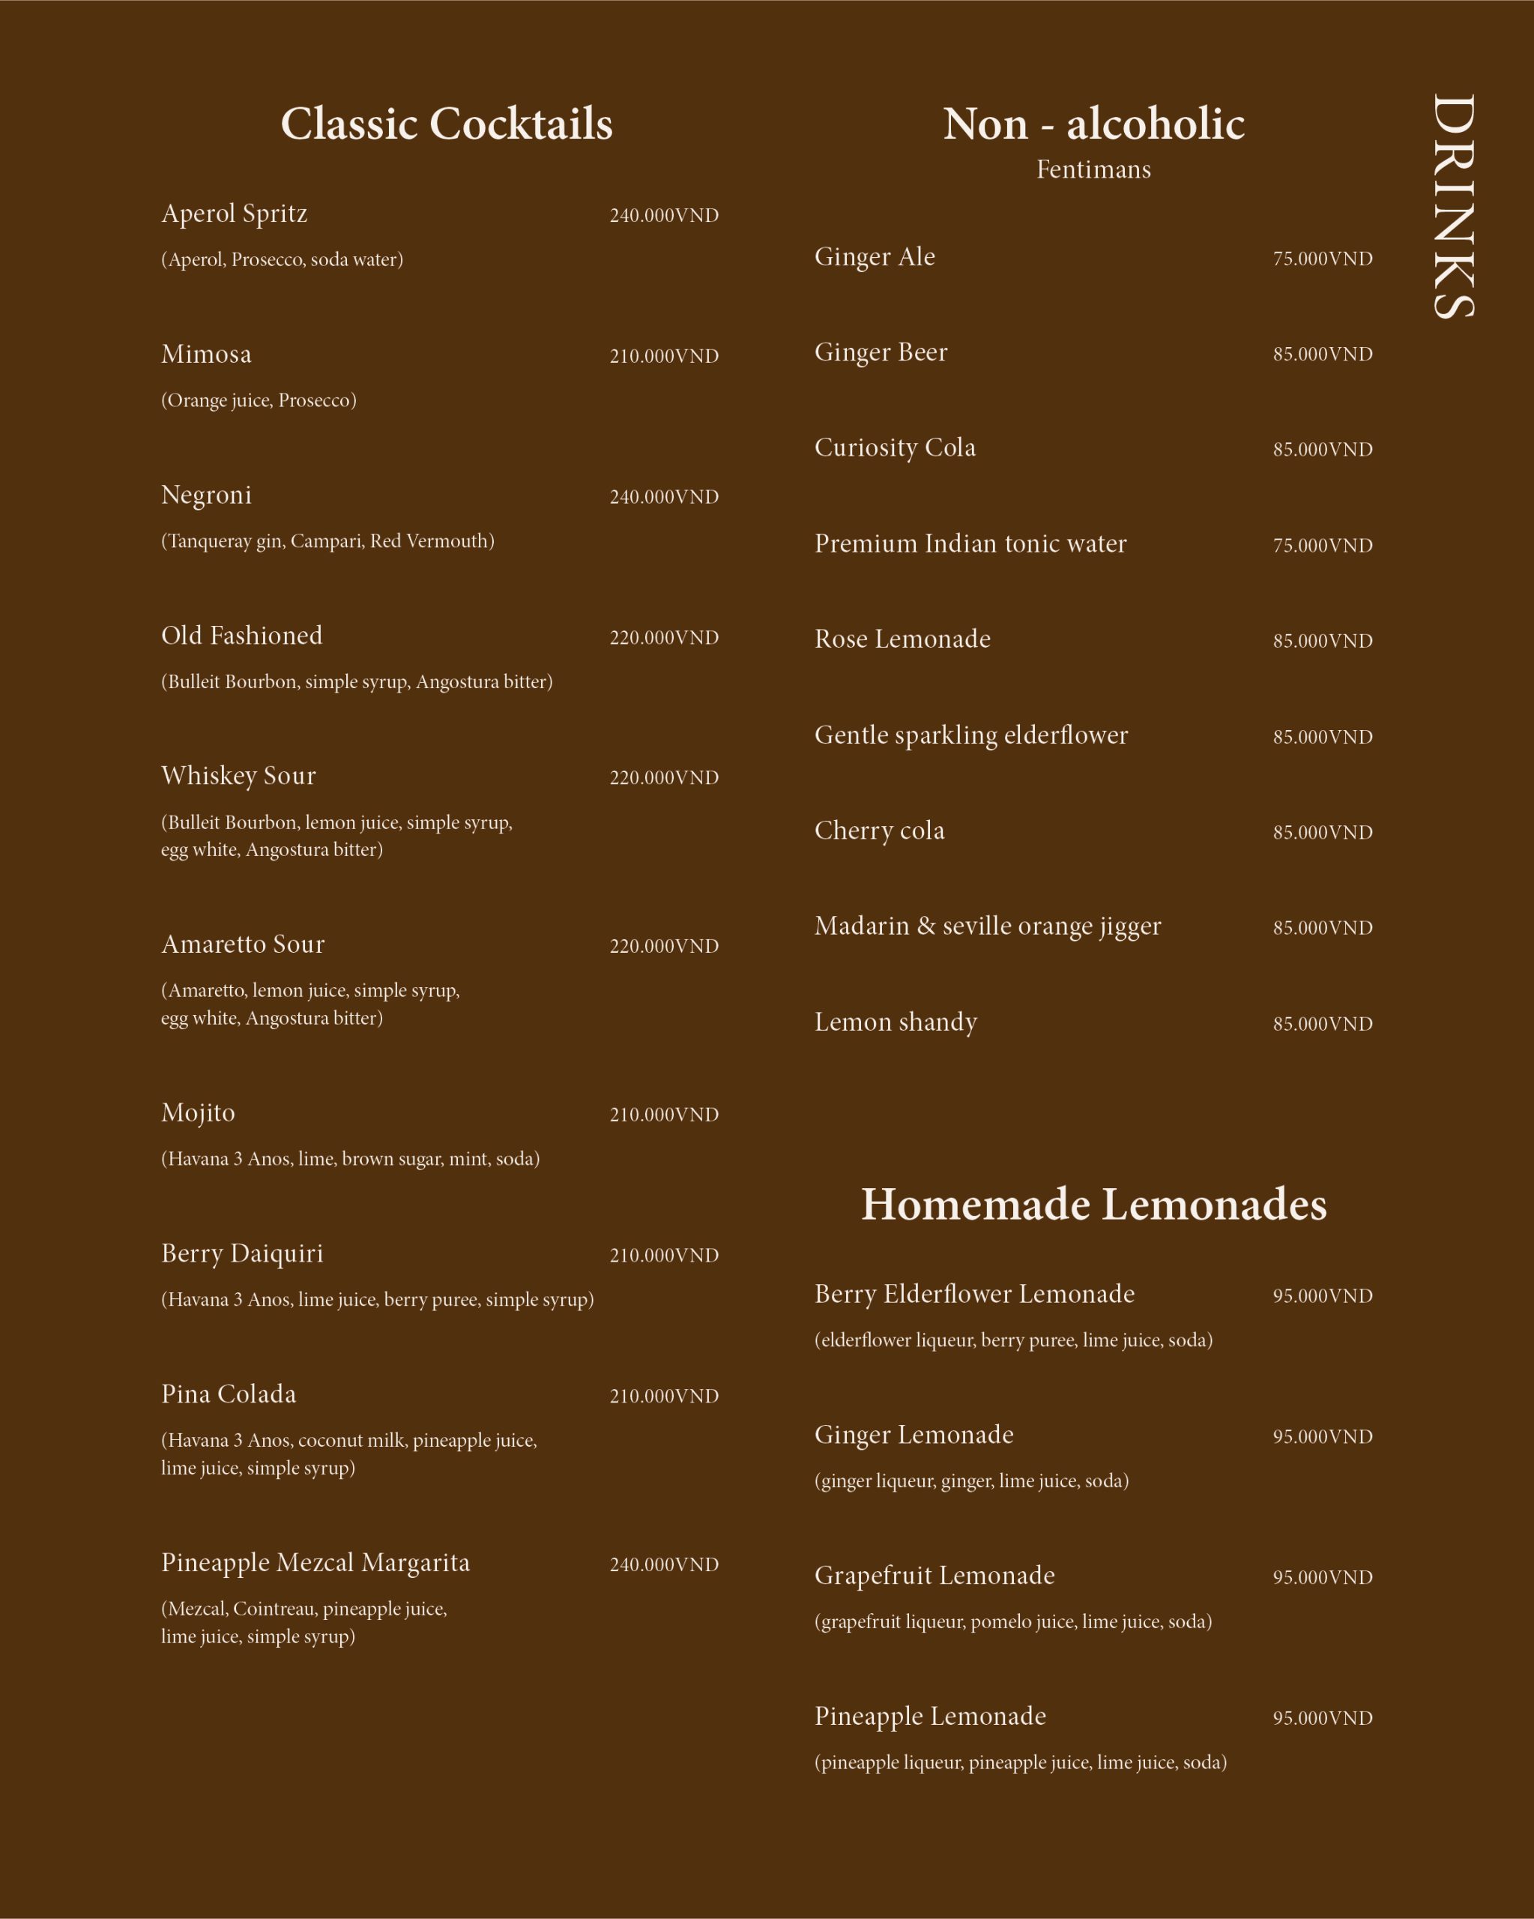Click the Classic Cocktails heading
(x=447, y=124)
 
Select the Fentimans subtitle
(x=1093, y=169)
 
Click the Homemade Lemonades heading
(x=1093, y=1205)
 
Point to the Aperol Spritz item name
(x=234, y=214)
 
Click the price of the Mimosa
(x=664, y=356)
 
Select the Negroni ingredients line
(x=327, y=541)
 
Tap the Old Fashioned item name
(x=242, y=636)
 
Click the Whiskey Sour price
(x=664, y=778)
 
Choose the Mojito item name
(x=199, y=1112)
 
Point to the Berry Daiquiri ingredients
(x=377, y=1300)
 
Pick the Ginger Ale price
(x=1322, y=259)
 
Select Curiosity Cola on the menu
(x=895, y=448)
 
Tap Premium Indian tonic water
(x=970, y=543)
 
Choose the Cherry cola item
(x=879, y=831)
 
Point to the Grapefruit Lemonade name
(x=934, y=1576)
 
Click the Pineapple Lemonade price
(x=1322, y=1718)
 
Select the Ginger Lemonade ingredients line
(x=972, y=1481)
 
